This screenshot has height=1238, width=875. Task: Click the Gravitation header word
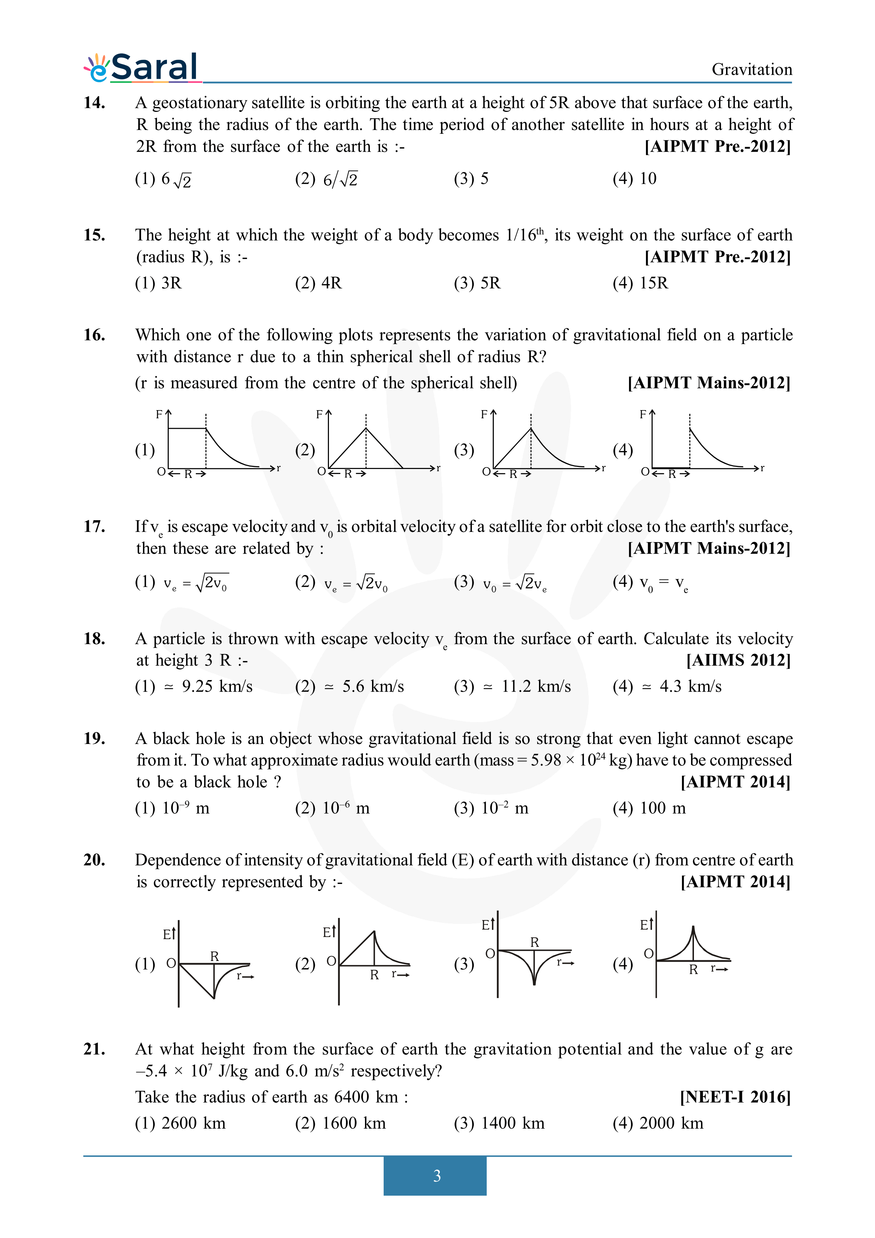coord(751,70)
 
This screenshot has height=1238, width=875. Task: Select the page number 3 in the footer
coord(437,1176)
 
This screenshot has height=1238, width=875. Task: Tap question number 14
coord(94,102)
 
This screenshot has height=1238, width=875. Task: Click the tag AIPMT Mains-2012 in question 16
coord(708,383)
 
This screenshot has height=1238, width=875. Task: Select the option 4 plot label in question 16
coord(622,450)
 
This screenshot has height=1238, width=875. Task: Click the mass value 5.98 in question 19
coord(546,760)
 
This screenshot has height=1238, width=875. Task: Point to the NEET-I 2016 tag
coord(735,1097)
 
